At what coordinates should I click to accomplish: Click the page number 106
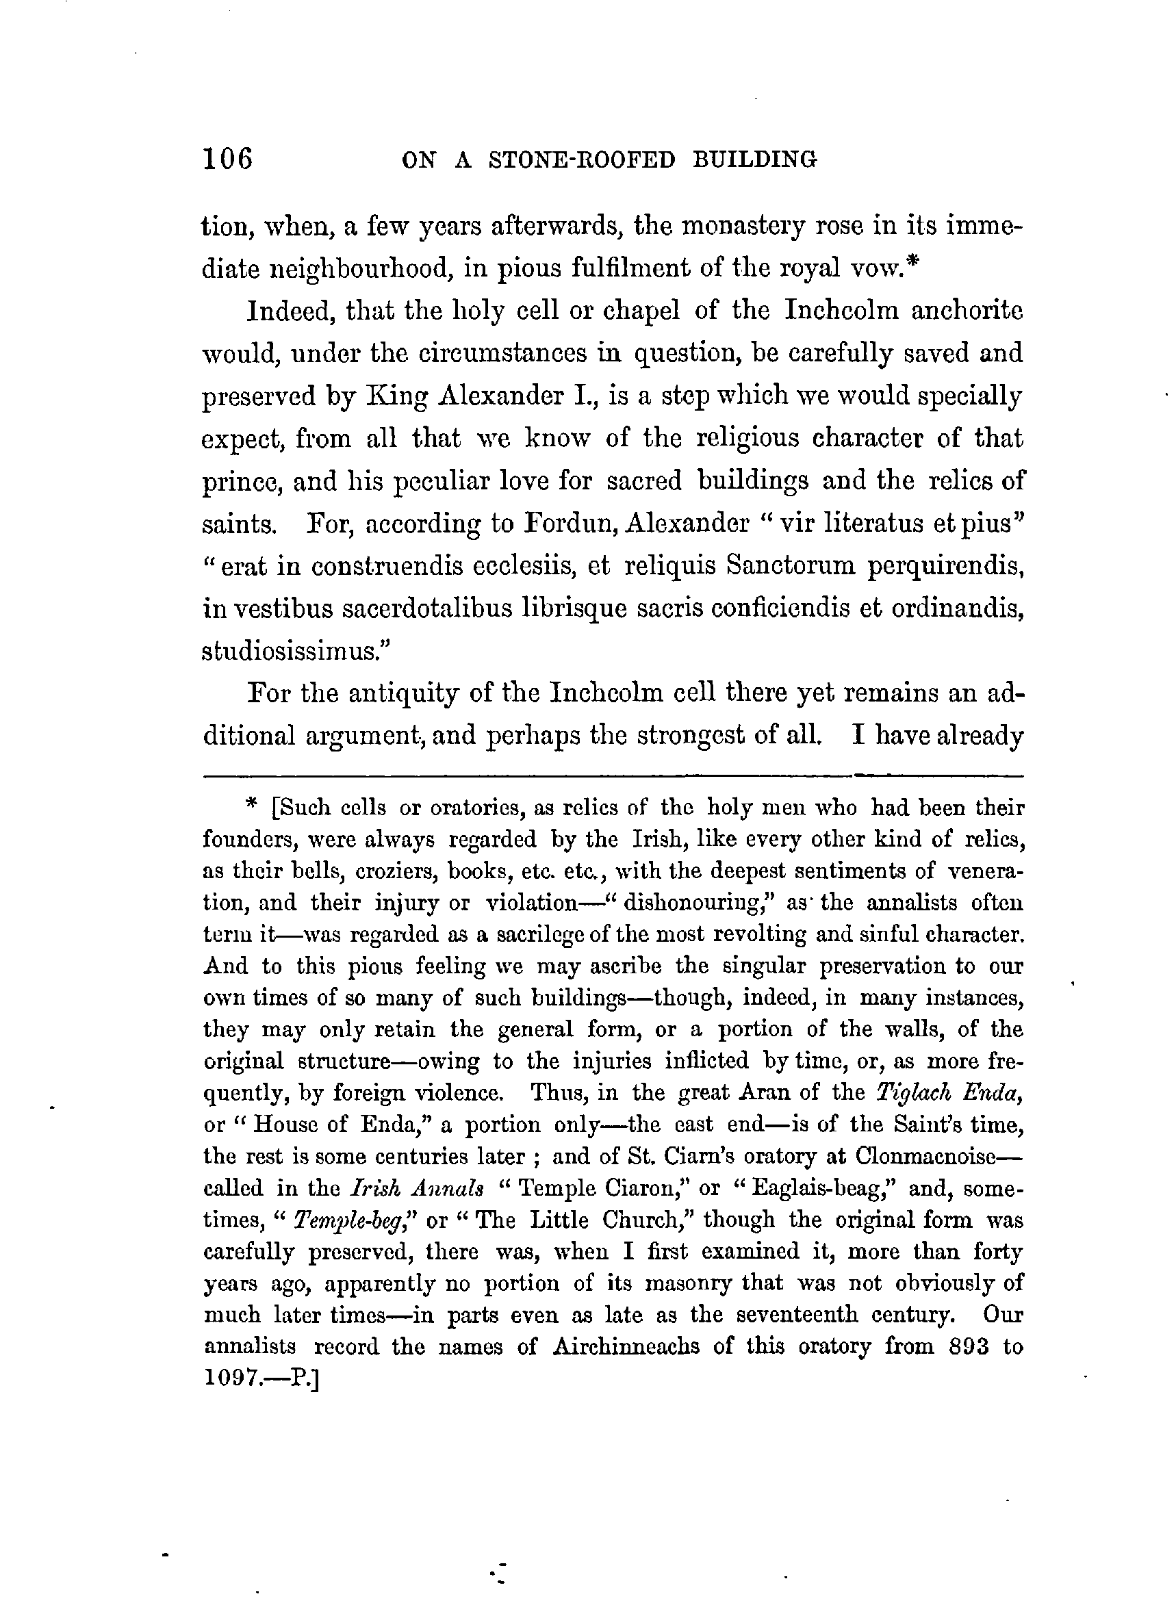pos(229,158)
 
